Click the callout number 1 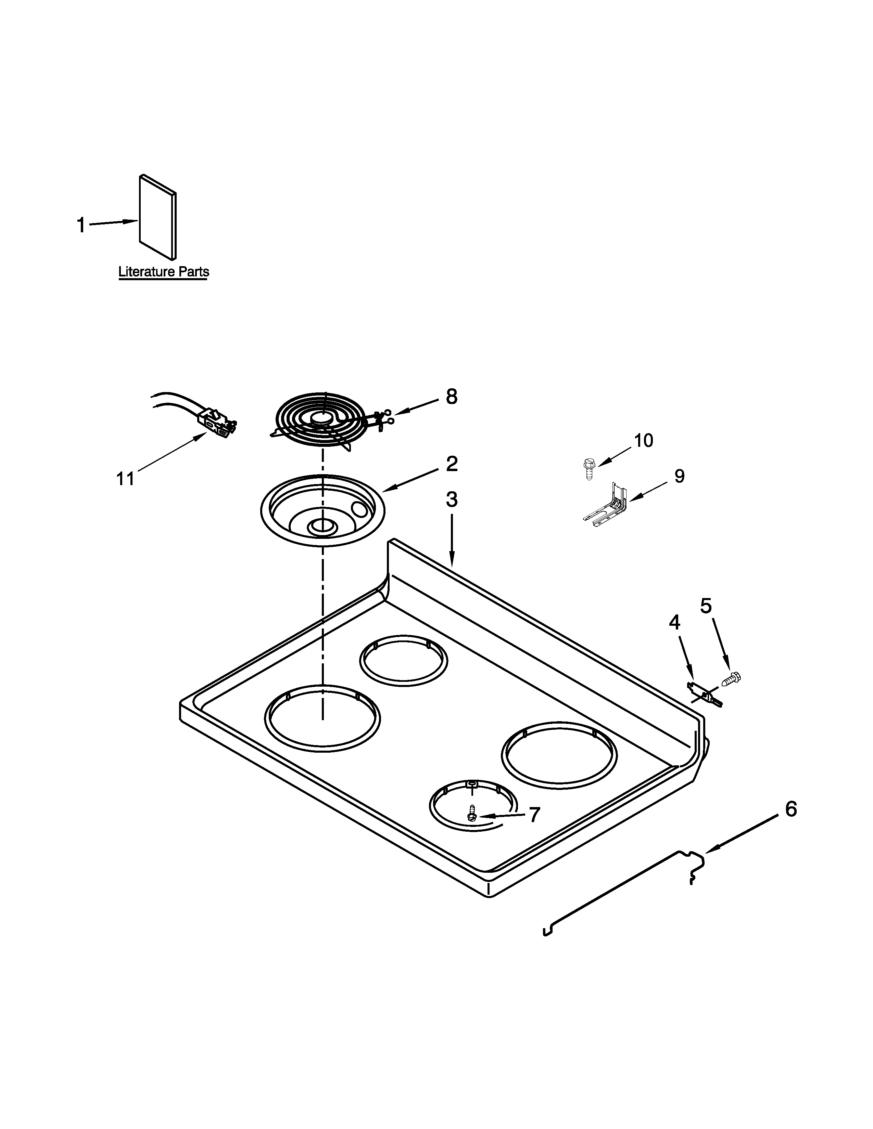coord(81,225)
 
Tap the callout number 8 coord(452,397)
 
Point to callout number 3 coord(452,500)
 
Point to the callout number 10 coord(643,440)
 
